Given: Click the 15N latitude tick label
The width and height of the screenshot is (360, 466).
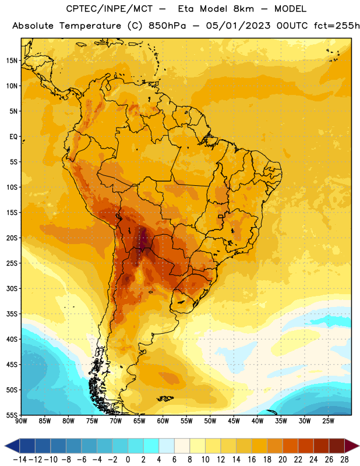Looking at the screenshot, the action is point(12,61).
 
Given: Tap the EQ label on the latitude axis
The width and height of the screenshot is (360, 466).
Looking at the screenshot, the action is point(13,137).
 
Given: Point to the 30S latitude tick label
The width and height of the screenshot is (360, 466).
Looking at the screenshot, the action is point(12,288).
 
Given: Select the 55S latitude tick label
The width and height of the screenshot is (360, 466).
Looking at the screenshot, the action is point(12,415).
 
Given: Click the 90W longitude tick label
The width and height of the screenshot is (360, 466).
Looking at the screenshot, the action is point(21,421).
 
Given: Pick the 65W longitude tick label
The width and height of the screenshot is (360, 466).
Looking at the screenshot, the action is point(139,421).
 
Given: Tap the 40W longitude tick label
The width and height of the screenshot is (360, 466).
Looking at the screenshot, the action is point(257,421).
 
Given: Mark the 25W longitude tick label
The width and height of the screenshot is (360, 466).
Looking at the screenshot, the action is point(328,421).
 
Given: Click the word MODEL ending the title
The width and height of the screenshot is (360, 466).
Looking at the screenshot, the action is point(290,9).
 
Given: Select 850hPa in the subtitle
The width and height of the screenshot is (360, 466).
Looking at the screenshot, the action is point(167,26).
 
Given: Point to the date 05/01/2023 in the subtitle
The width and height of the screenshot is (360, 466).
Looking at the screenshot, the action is point(238,26).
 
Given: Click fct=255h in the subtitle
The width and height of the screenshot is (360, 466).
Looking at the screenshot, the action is point(337,26).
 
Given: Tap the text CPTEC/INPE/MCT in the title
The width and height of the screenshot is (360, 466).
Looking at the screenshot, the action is point(109,9).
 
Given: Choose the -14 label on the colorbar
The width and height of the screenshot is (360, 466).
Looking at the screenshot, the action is point(20,460).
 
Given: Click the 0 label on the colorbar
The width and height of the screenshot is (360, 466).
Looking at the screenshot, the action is point(128,460).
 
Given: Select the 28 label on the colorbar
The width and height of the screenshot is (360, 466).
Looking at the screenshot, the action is point(344,460).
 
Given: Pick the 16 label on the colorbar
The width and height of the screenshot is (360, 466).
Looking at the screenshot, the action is point(252,460).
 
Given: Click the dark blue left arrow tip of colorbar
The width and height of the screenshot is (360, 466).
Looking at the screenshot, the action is point(5,446).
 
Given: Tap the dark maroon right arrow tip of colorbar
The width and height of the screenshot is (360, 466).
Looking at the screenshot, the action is point(358,446).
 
